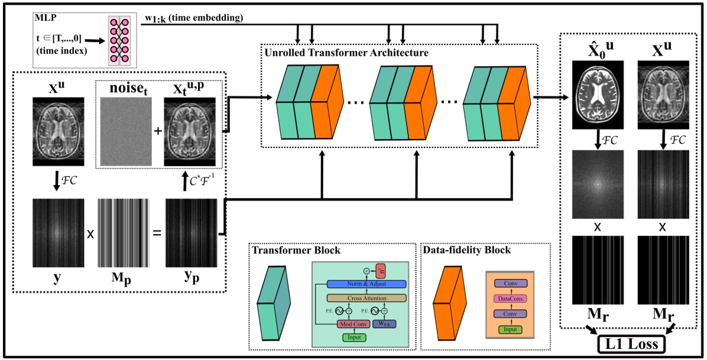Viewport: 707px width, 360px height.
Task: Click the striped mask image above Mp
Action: [x=122, y=233]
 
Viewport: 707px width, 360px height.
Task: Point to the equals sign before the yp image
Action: [x=157, y=233]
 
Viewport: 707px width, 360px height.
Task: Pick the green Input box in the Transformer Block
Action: [x=353, y=337]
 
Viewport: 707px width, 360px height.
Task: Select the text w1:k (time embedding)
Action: [x=194, y=18]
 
